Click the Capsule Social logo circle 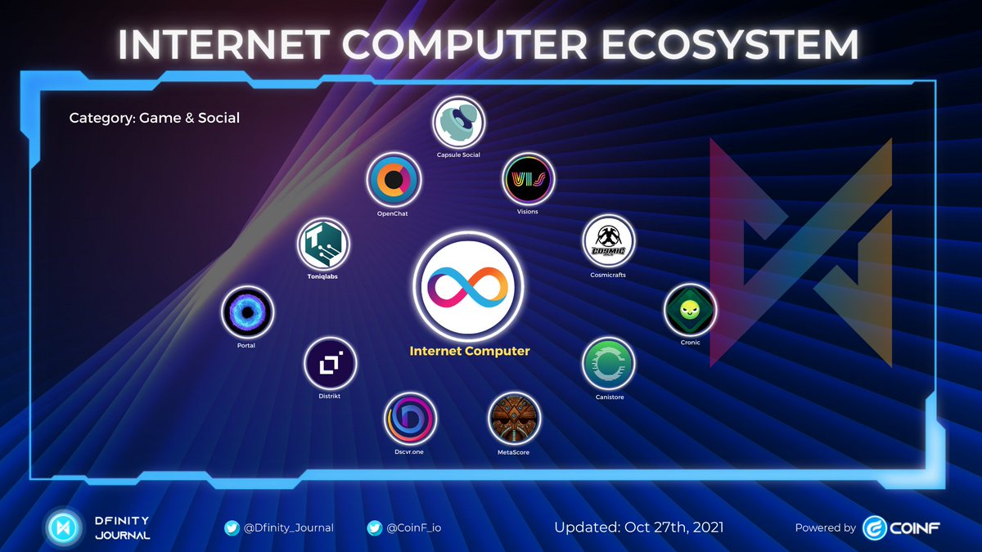click(x=458, y=123)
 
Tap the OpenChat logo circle click(x=394, y=181)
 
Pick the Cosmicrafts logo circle click(x=608, y=242)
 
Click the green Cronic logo click(x=690, y=310)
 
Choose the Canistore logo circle click(x=609, y=365)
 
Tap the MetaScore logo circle click(x=514, y=419)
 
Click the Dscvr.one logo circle click(x=410, y=419)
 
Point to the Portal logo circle click(x=246, y=312)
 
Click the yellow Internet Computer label click(x=470, y=351)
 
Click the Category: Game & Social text click(x=155, y=118)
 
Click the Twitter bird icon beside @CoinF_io click(x=376, y=527)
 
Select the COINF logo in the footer click(x=901, y=527)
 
